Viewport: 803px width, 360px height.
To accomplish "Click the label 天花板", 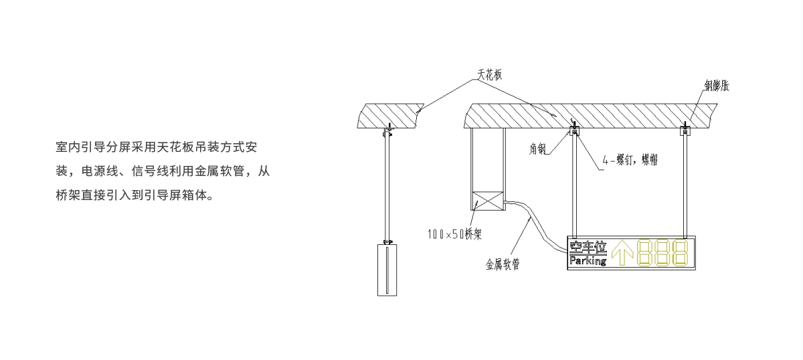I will point(489,75).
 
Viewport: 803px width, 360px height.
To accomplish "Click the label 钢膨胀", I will point(715,86).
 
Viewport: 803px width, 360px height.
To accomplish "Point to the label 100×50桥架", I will point(455,234).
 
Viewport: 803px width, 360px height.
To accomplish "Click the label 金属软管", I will point(503,264).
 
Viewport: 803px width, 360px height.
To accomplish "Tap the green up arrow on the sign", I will point(623,253).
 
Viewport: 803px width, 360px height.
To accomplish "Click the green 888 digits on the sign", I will point(662,253).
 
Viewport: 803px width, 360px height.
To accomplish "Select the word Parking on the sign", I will point(588,261).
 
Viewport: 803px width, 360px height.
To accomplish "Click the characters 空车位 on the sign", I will point(588,248).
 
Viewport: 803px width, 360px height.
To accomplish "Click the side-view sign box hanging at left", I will point(387,270).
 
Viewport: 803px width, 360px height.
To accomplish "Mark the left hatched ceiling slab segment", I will point(387,114).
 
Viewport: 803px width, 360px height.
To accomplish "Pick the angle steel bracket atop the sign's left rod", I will point(573,131).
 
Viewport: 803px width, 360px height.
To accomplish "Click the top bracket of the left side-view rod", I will point(386,132).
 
